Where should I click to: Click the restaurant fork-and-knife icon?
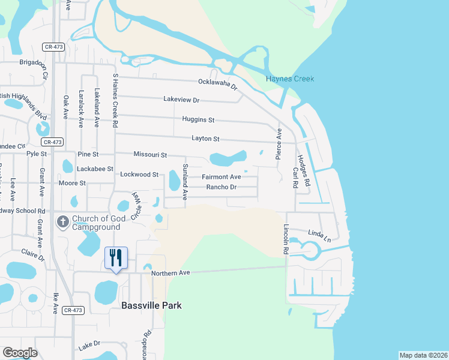(116, 258)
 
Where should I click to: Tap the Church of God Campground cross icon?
(62, 223)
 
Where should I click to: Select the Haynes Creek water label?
(291, 79)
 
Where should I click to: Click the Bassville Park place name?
(151, 305)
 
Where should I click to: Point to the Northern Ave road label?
(170, 273)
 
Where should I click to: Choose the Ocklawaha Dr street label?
(218, 85)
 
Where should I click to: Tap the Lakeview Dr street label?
(181, 100)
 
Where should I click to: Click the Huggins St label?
(198, 120)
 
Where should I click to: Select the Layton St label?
(205, 139)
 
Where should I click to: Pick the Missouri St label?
(150, 155)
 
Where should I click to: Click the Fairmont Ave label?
(221, 177)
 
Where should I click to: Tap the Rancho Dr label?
(221, 187)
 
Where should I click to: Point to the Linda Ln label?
(319, 235)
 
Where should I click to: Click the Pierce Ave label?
(279, 142)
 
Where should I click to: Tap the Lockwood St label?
(139, 175)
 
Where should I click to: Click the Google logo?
(19, 353)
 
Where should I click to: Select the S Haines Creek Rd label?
(115, 100)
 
